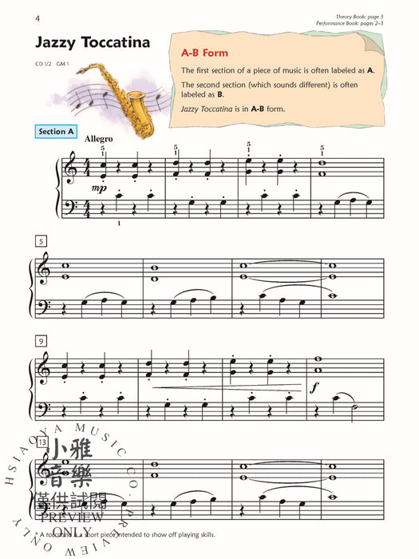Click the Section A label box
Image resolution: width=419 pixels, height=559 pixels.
pos(56,131)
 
